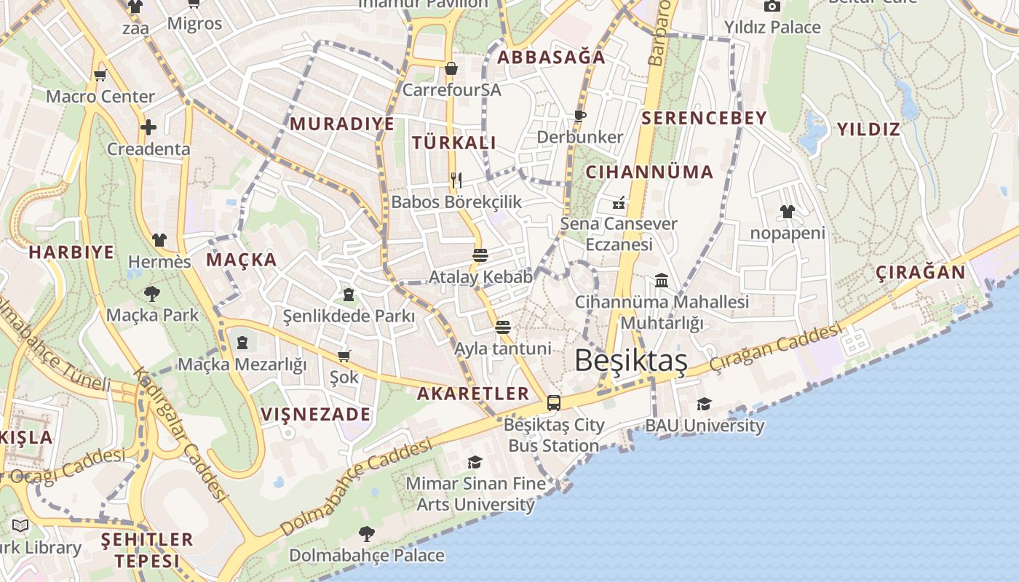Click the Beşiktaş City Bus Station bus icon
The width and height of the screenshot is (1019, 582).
pyautogui.click(x=554, y=402)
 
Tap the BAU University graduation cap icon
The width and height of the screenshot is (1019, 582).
pyautogui.click(x=704, y=404)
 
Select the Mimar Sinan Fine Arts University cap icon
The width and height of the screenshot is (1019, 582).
pyautogui.click(x=475, y=462)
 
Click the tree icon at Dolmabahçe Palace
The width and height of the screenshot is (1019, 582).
pyautogui.click(x=366, y=534)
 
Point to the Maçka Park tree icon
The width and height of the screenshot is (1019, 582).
pyautogui.click(x=152, y=294)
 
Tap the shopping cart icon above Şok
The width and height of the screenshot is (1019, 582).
pyautogui.click(x=344, y=356)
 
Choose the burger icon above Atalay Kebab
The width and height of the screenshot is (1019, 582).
pyautogui.click(x=480, y=255)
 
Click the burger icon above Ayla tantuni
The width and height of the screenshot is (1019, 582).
pyautogui.click(x=502, y=327)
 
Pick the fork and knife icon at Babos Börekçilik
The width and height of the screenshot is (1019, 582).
pyautogui.click(x=456, y=180)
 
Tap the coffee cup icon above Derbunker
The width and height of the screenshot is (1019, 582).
pyautogui.click(x=579, y=115)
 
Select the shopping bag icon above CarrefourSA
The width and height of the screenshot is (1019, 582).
pyautogui.click(x=451, y=68)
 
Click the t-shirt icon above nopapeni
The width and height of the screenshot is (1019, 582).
pyautogui.click(x=787, y=212)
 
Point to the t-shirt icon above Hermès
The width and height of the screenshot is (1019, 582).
pyautogui.click(x=159, y=240)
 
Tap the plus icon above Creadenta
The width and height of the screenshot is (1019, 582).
pyautogui.click(x=148, y=127)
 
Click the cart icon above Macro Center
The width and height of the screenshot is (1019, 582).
pyautogui.click(x=100, y=75)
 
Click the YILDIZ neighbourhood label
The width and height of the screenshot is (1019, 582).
pyautogui.click(x=868, y=129)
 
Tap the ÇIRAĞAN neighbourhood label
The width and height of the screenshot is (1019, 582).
pyautogui.click(x=920, y=273)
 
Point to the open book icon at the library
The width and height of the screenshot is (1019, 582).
pyautogui.click(x=20, y=525)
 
